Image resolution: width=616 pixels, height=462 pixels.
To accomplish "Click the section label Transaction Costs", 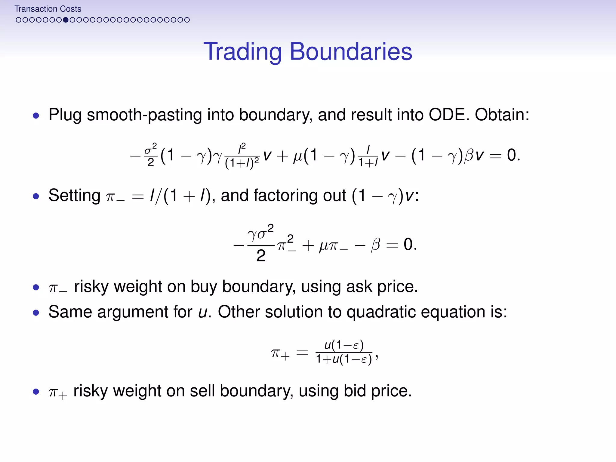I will (x=48, y=9).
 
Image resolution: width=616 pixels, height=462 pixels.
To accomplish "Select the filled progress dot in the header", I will (x=66, y=20).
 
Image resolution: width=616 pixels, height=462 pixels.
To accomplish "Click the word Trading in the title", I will (x=242, y=52).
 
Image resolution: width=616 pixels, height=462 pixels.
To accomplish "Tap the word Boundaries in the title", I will (x=351, y=52).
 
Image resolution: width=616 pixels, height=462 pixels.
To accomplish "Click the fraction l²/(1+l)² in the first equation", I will (x=242, y=156).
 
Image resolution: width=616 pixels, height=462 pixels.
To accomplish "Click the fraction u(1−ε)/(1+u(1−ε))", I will (x=344, y=352).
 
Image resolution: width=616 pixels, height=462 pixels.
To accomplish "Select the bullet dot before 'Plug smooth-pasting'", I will (x=36, y=115).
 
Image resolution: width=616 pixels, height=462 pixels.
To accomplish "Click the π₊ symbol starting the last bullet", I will (x=57, y=392).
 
